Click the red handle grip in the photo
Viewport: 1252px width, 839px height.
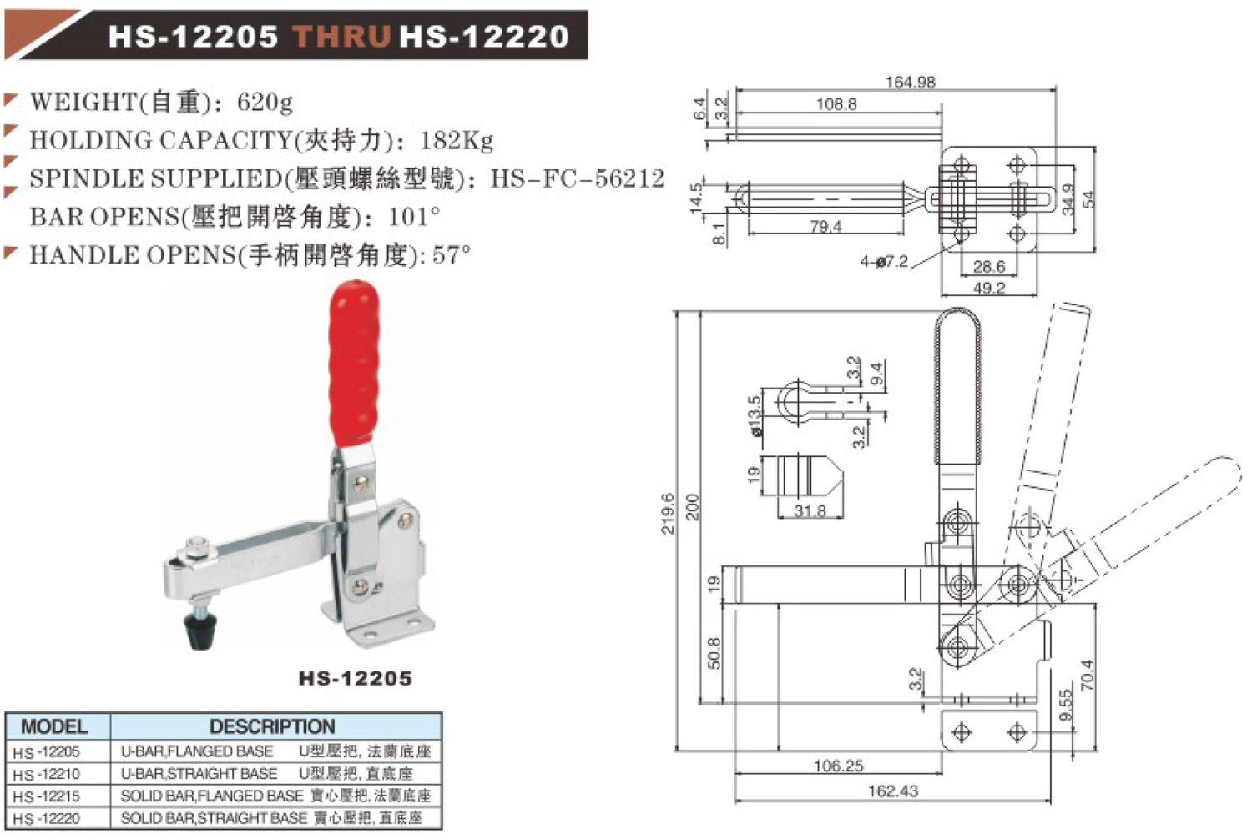tap(355, 367)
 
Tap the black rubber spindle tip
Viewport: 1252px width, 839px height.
tap(200, 631)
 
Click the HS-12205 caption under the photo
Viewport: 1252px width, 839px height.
tap(356, 678)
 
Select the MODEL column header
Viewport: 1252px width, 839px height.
tap(54, 726)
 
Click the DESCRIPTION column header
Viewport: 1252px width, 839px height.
tap(272, 726)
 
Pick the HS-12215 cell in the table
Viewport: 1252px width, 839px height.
tap(47, 796)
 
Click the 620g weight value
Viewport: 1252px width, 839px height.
tap(265, 103)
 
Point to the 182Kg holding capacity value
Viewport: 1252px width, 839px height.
tap(457, 140)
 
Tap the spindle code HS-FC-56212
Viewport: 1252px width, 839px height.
tap(578, 178)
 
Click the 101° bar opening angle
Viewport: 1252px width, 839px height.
tap(414, 217)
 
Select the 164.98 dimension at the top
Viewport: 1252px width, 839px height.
tap(910, 82)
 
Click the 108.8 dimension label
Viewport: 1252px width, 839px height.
tap(836, 104)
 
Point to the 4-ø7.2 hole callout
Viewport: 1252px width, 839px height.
tap(884, 262)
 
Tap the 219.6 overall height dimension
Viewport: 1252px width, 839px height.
tap(668, 514)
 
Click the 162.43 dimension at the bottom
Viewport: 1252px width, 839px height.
tap(893, 791)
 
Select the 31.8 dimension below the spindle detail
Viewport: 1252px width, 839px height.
tap(810, 510)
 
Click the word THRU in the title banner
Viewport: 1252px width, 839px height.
tap(342, 37)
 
